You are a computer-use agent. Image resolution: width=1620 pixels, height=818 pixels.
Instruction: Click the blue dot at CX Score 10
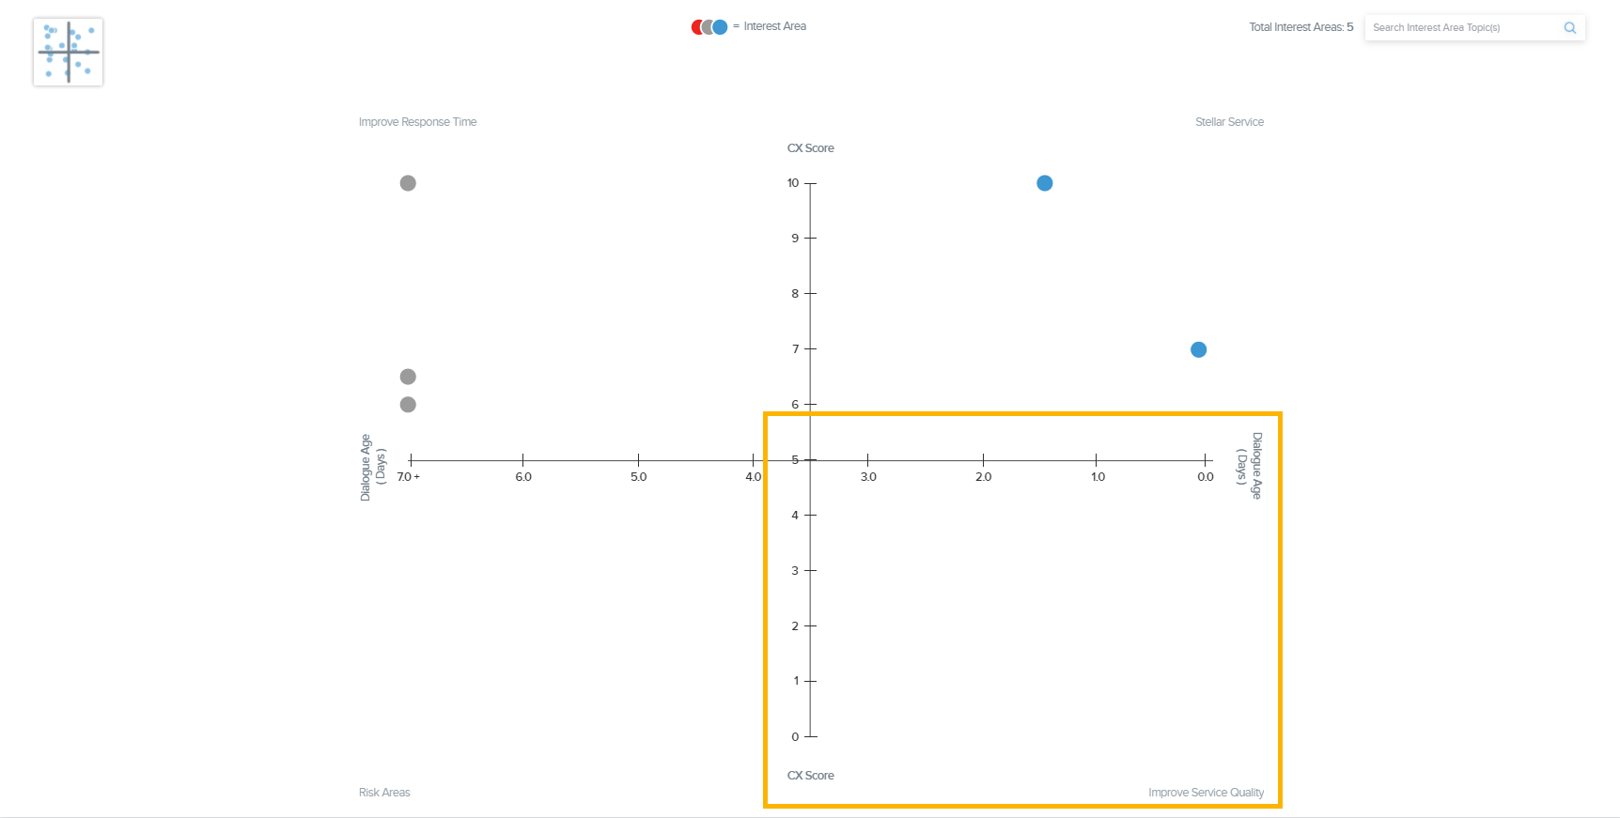[1044, 183]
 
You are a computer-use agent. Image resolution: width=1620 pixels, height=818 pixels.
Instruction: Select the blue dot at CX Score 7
[1198, 349]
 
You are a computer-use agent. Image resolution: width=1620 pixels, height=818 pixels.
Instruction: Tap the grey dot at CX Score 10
[408, 183]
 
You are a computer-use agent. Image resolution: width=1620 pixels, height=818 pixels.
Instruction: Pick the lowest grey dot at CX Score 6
[408, 405]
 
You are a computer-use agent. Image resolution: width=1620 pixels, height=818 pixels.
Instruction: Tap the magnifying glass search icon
[1569, 28]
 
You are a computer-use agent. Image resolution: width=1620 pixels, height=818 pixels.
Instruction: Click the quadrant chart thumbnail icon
[68, 53]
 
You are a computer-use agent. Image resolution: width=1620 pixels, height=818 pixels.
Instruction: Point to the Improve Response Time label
[417, 122]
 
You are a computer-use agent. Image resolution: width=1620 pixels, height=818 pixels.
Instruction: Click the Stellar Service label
[1229, 122]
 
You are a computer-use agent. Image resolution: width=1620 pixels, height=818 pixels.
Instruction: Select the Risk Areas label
[384, 793]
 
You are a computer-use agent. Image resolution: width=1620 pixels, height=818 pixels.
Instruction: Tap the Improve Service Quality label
[1206, 793]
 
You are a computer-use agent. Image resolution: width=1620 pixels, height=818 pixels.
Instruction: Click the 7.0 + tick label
[409, 477]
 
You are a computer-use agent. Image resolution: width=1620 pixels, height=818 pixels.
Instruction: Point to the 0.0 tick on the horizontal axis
[1206, 477]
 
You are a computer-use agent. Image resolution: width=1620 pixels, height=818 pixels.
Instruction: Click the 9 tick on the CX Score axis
[795, 239]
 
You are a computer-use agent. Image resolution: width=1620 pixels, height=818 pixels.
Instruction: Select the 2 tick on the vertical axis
[795, 626]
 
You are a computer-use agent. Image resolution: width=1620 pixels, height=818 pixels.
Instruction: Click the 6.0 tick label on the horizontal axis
[523, 477]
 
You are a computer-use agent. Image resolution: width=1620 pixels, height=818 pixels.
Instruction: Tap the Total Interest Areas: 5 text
[1301, 27]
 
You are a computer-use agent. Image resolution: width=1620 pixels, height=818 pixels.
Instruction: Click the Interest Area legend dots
[709, 27]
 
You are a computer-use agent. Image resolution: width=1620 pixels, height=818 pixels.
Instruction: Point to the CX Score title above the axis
[810, 148]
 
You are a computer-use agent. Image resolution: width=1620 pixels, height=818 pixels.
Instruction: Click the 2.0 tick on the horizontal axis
[983, 477]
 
